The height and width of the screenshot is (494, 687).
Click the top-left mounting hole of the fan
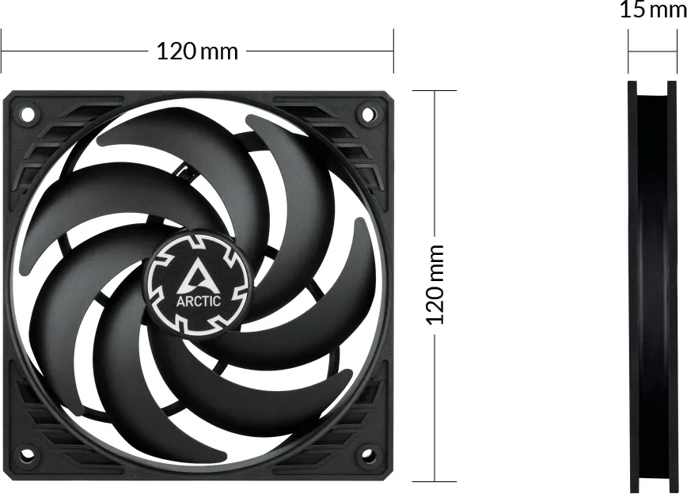click(x=28, y=114)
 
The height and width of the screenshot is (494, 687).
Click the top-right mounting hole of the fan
click(x=367, y=114)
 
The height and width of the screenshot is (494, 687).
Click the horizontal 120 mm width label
click(x=197, y=51)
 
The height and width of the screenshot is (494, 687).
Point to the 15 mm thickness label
click(x=652, y=10)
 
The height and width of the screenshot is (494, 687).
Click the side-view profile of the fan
click(x=653, y=285)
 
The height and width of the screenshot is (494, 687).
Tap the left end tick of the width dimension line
click(x=2, y=51)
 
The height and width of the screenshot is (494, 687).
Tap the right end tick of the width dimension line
click(x=393, y=51)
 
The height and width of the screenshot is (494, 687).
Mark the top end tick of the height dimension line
click(x=435, y=91)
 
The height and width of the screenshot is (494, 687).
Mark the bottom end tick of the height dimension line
click(x=435, y=481)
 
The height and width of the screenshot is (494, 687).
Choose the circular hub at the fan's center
click(x=198, y=283)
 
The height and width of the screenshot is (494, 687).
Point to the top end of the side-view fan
click(x=653, y=83)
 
